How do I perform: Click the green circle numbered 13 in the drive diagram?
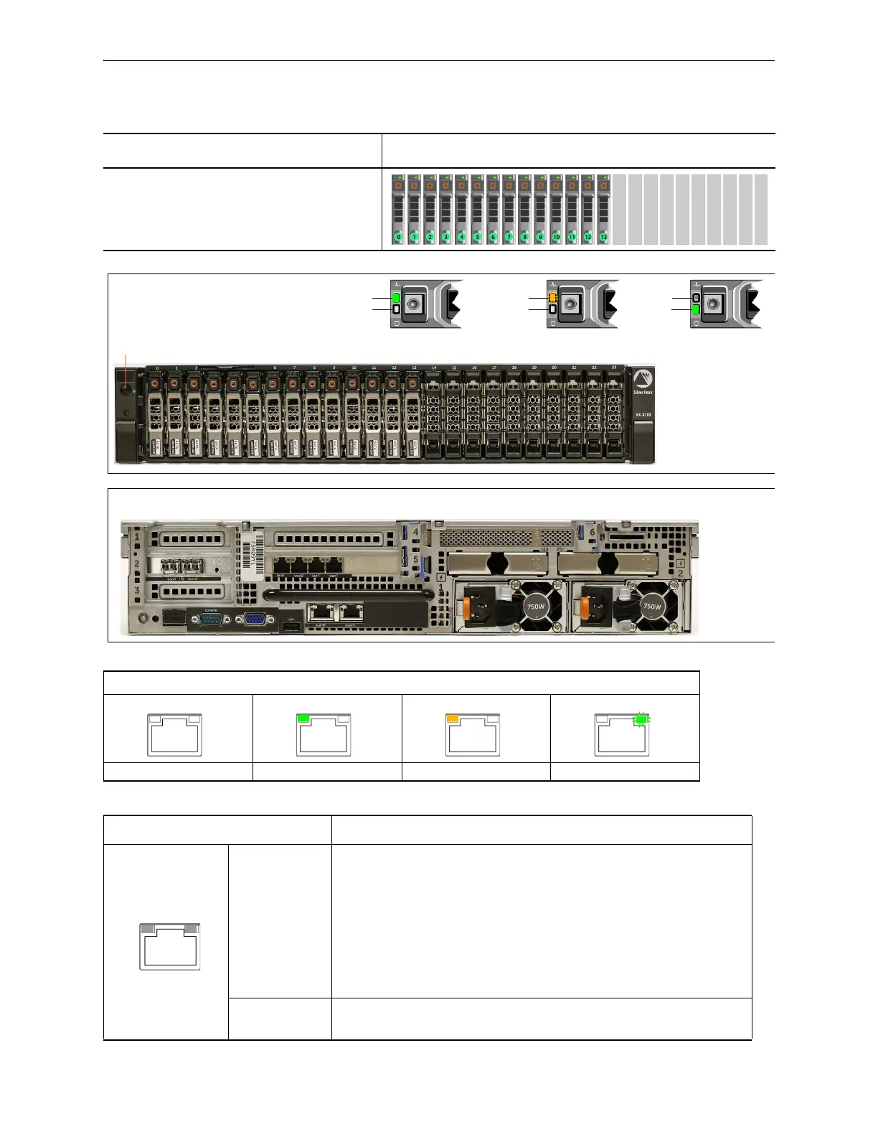click(603, 237)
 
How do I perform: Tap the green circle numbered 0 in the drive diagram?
click(398, 237)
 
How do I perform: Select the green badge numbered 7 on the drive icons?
click(509, 237)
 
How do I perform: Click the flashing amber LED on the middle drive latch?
click(552, 297)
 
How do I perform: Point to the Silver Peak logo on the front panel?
click(643, 381)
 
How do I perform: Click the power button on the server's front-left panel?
click(126, 392)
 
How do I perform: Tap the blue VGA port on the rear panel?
click(254, 618)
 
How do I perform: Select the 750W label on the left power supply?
click(535, 606)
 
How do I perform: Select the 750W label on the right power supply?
click(651, 606)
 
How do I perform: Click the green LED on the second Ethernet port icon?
click(303, 718)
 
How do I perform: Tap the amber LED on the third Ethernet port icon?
click(453, 718)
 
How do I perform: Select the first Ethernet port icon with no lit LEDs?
click(174, 734)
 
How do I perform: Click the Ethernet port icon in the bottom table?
click(170, 947)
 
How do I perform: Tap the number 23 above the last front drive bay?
click(614, 368)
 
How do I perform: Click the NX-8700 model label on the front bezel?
click(643, 415)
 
